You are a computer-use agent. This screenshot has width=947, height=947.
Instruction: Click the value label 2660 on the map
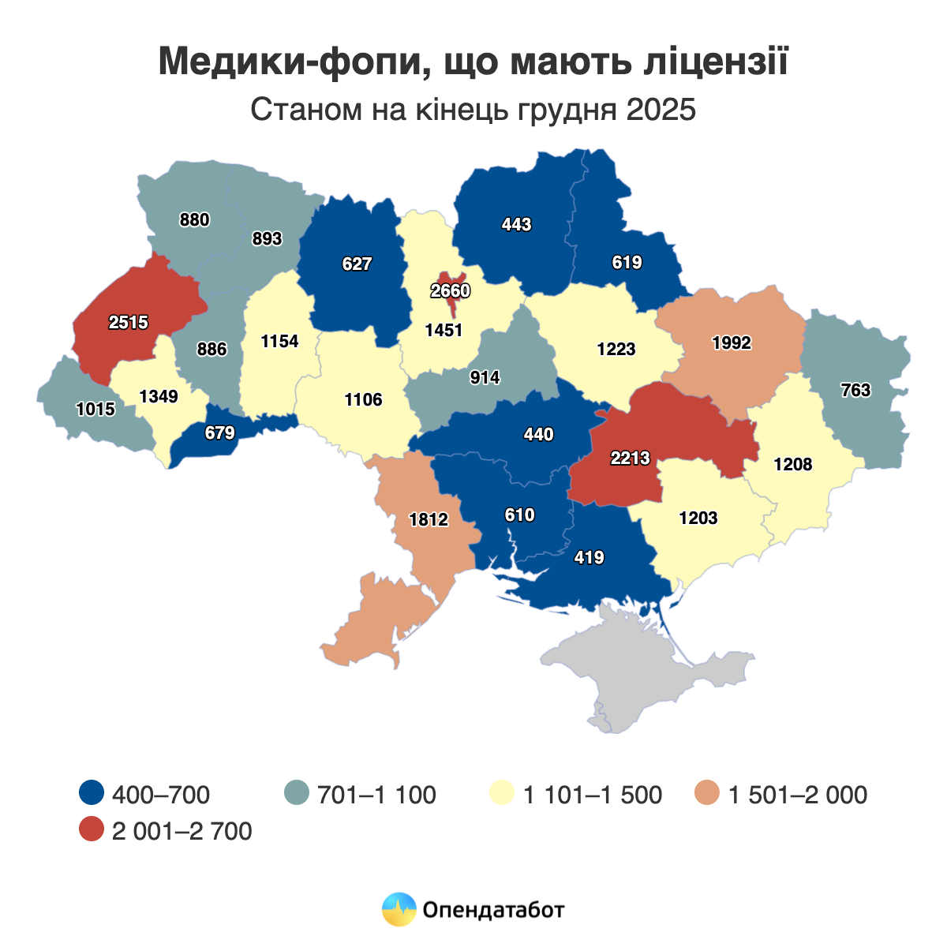(x=450, y=290)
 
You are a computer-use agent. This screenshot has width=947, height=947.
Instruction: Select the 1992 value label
(x=731, y=342)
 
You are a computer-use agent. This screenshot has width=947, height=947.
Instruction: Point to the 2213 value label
(x=630, y=457)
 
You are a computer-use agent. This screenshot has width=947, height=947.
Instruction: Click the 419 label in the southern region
(x=589, y=557)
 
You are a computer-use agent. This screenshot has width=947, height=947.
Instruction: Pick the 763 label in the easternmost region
(x=855, y=390)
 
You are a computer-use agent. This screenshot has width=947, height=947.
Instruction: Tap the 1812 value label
(x=429, y=519)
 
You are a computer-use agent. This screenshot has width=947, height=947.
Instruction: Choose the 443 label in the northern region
(x=516, y=224)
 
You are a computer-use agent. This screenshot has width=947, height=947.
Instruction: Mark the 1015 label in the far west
(x=95, y=409)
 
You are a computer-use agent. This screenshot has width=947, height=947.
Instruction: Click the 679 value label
(x=219, y=432)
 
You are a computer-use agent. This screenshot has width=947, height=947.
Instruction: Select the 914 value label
(x=485, y=377)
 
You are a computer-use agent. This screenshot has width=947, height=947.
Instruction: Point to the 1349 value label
(x=158, y=396)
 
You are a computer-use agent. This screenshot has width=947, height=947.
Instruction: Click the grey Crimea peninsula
(x=655, y=671)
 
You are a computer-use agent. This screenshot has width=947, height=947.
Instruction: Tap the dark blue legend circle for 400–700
(x=92, y=794)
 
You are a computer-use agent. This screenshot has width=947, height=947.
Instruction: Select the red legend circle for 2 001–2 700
(x=92, y=830)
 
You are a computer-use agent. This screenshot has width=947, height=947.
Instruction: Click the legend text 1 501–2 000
(x=797, y=795)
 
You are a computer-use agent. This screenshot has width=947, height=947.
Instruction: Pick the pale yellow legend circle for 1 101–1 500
(x=502, y=794)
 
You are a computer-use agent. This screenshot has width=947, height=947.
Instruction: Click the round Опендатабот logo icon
(x=399, y=909)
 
